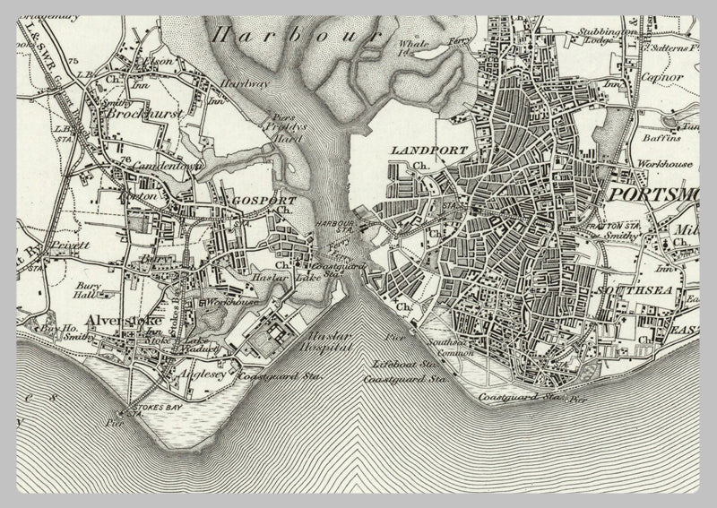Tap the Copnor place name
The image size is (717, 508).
[661, 77]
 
